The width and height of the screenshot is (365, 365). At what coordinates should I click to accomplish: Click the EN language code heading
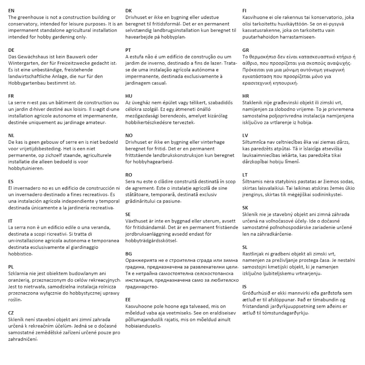(x=11, y=11)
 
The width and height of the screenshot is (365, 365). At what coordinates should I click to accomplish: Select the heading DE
(x=11, y=50)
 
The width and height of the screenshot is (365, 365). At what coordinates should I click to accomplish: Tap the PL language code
(x=11, y=267)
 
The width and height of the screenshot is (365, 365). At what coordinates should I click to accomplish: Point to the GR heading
(x=246, y=50)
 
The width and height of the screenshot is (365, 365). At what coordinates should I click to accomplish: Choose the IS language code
(x=245, y=287)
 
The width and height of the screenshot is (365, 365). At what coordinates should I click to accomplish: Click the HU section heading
(x=129, y=96)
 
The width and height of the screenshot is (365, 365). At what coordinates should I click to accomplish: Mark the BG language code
(x=129, y=254)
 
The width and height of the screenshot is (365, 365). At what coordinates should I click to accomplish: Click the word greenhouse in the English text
(x=30, y=17)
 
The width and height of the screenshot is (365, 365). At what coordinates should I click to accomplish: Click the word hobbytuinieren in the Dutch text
(x=23, y=168)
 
